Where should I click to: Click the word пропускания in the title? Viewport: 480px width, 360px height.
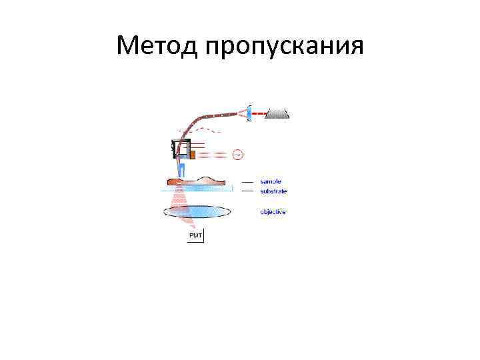coord(285,47)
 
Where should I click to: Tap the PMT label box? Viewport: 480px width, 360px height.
coord(196,236)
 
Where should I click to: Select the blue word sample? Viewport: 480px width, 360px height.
coord(271,181)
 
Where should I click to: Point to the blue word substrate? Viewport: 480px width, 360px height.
coord(273,191)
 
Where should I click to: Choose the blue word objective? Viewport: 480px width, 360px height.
coord(273,212)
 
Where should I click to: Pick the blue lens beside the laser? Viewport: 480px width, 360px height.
coord(249,113)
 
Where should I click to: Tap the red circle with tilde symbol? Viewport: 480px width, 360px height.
coord(237,155)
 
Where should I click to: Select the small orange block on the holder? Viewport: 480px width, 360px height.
coord(192,155)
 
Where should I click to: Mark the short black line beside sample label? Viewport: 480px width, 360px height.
coord(247,181)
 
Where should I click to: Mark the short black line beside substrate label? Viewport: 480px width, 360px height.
coord(247,191)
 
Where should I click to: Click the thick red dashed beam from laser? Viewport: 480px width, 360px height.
coord(259,113)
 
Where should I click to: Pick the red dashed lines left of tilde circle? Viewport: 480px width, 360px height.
coord(213,155)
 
